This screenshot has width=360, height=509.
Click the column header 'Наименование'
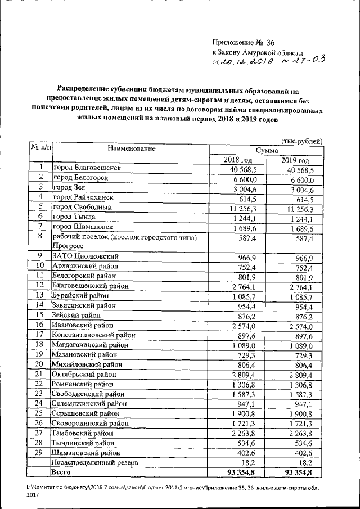[131, 149]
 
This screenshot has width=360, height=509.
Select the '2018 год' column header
[238, 160]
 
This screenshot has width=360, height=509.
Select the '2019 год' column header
[296, 160]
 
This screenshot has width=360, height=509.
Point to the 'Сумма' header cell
[267, 150]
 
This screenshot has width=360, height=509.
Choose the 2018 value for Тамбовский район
[243, 433]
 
